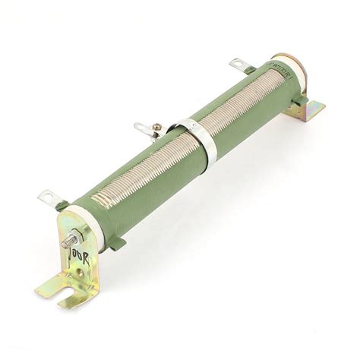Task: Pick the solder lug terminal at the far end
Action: (239, 65)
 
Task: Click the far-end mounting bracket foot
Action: (310, 110)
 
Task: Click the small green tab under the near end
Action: (116, 243)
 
